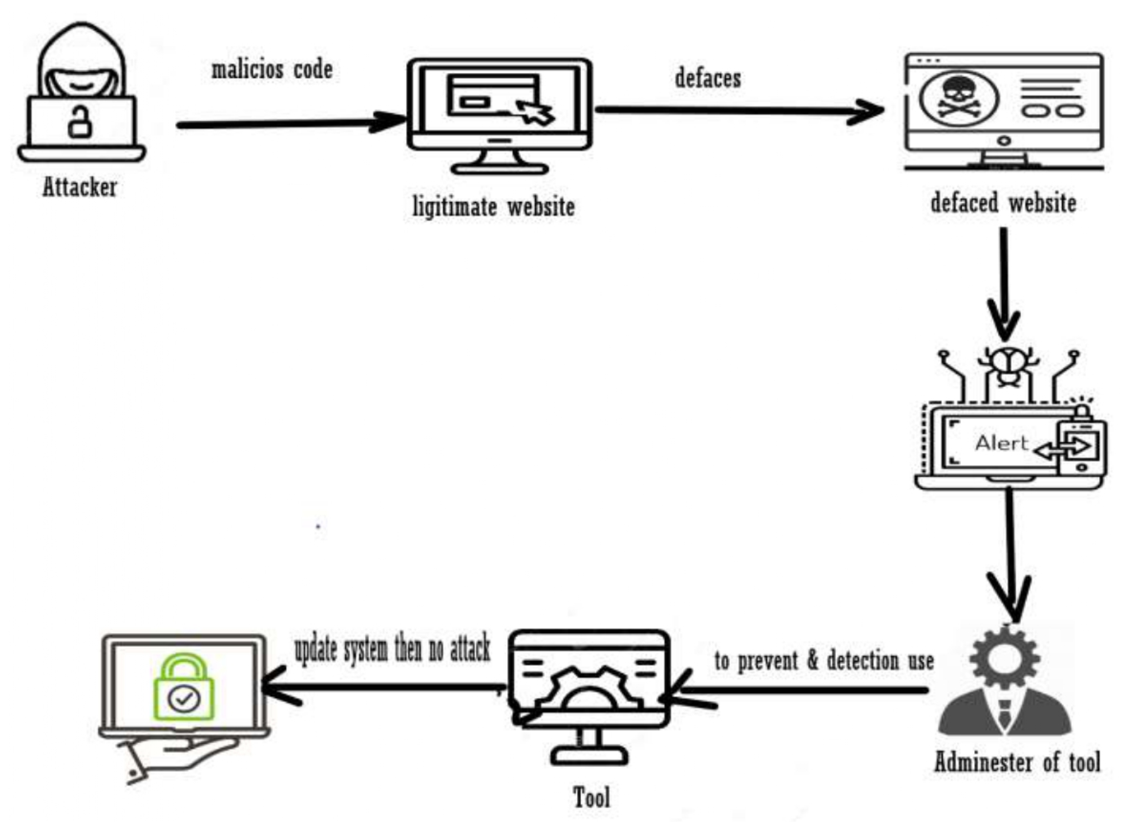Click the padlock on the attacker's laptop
(x=80, y=122)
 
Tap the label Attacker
(x=79, y=188)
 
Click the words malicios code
(x=272, y=70)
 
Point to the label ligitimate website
(x=494, y=207)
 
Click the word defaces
(x=708, y=79)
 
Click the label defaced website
(x=1003, y=203)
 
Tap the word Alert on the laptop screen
(x=1001, y=443)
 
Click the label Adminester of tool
(x=1017, y=763)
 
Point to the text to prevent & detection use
(x=824, y=661)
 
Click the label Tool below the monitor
(x=591, y=797)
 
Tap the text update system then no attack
(x=392, y=649)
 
